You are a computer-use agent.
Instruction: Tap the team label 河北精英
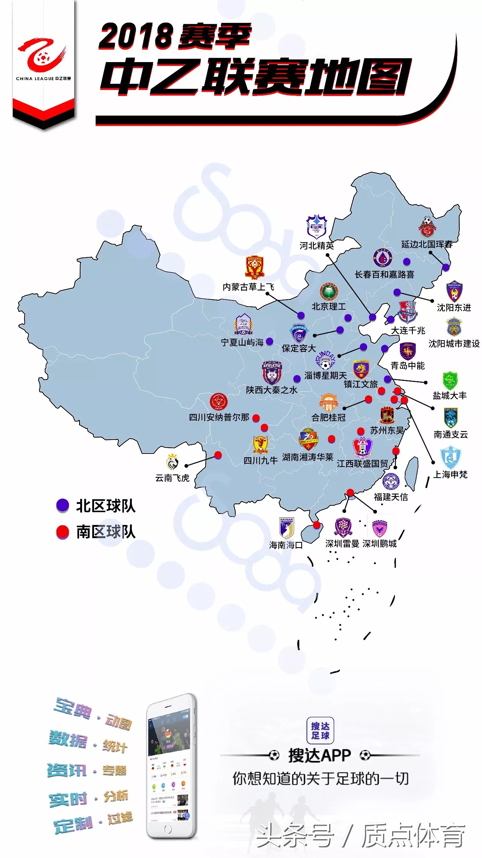(x=317, y=246)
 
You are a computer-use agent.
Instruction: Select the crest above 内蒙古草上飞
(x=255, y=268)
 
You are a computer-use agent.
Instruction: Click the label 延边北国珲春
(x=427, y=244)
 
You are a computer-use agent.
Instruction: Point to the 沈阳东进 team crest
(x=454, y=291)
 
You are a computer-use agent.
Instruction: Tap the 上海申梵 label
(x=450, y=475)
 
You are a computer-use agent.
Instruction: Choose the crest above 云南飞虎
(x=172, y=462)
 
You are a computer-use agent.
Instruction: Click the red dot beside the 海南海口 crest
(x=317, y=525)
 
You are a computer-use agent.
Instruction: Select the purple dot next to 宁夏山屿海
(x=270, y=342)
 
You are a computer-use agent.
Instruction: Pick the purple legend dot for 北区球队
(x=63, y=505)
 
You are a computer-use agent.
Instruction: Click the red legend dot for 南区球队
(x=63, y=532)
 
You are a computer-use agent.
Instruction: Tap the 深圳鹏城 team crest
(x=379, y=528)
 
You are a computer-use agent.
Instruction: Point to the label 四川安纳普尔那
(x=219, y=417)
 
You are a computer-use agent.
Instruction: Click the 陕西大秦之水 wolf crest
(x=272, y=372)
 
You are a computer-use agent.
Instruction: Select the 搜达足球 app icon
(x=320, y=730)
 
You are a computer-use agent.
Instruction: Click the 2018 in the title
(x=136, y=37)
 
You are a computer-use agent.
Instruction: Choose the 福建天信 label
(x=391, y=497)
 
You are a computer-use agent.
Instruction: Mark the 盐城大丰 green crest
(x=450, y=380)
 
